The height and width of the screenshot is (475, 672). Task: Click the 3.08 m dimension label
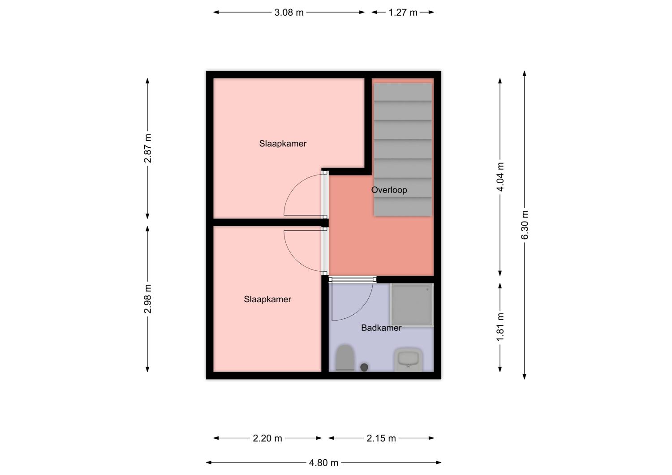point(289,13)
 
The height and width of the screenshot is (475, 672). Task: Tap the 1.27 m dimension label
point(403,13)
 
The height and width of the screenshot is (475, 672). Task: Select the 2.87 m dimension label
point(148,148)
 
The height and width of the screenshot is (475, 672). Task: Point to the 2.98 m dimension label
point(148,299)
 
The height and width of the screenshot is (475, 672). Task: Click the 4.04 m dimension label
point(500,177)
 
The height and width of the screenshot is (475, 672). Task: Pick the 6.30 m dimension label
point(525,225)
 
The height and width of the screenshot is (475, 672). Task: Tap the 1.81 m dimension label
point(500,327)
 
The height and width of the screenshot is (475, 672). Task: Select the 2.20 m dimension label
point(267,438)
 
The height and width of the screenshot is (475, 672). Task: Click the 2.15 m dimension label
point(381,438)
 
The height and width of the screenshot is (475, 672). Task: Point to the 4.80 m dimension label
point(323,462)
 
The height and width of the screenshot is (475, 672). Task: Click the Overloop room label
point(389,190)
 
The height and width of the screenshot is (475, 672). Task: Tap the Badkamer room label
point(381,328)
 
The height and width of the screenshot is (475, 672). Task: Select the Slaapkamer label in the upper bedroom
point(283,144)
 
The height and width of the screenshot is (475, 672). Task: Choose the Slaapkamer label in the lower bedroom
point(267,299)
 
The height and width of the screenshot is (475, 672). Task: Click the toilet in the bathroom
point(345,358)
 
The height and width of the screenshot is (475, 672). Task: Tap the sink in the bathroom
point(409,359)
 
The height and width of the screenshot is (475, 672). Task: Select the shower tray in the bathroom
point(411,304)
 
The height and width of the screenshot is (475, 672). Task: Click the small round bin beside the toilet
point(364,367)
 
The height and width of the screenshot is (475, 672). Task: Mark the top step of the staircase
point(403,92)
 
